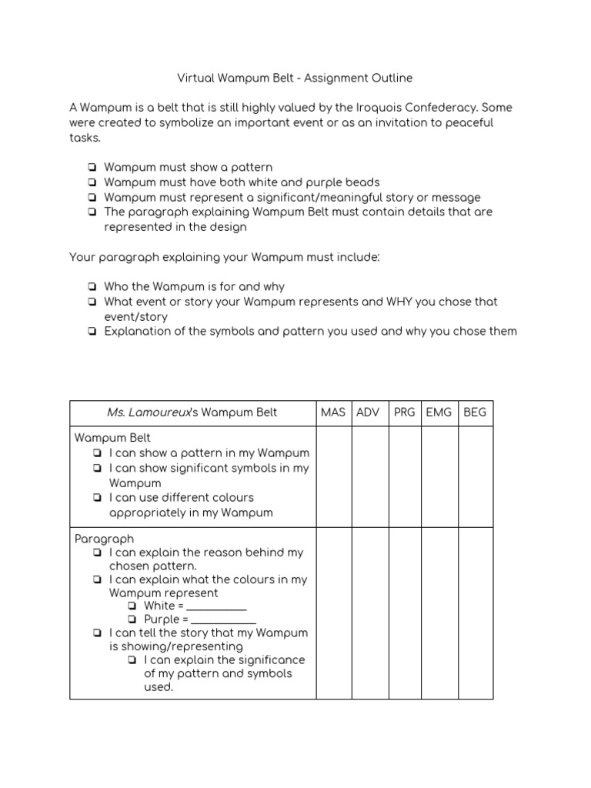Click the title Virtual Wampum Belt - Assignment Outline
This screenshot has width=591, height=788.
tap(295, 78)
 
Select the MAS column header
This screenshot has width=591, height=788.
tap(332, 412)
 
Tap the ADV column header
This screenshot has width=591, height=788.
tap(369, 412)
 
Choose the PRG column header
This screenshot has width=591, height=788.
tap(404, 412)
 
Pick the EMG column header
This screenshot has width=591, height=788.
tap(439, 412)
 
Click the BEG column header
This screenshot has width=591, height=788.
tap(475, 412)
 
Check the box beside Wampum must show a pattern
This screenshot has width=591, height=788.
tap(92, 167)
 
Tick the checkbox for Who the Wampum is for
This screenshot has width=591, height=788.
tap(92, 286)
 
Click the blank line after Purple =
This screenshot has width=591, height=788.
tap(223, 620)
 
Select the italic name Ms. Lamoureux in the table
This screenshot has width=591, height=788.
tap(149, 412)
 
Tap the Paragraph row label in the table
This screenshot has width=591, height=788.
tap(104, 539)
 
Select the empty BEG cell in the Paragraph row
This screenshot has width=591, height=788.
tap(475, 613)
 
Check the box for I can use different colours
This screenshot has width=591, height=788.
tap(97, 498)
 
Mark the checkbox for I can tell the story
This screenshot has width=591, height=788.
tap(97, 633)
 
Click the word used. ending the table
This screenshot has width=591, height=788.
tap(159, 687)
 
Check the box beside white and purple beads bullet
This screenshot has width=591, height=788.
tap(92, 182)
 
